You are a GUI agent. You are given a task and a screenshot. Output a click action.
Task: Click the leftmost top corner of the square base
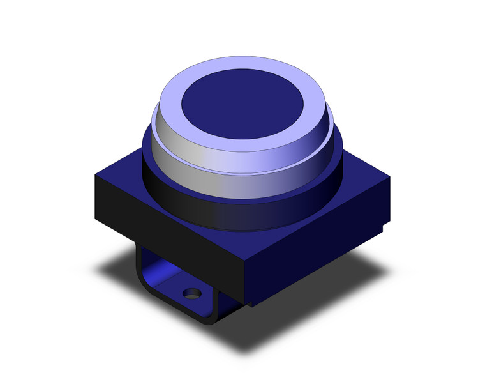click(x=95, y=176)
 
